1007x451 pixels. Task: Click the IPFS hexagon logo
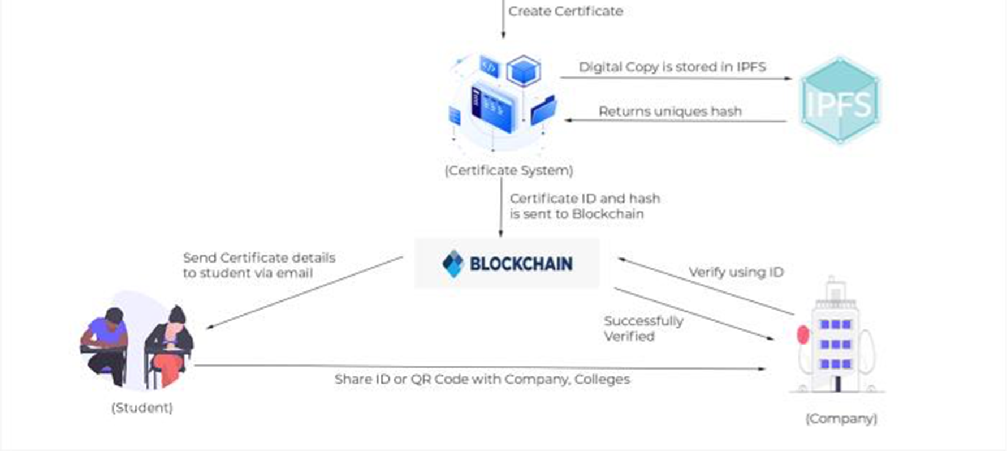840,101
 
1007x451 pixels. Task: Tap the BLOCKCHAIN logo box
507,264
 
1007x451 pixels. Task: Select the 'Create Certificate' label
565,11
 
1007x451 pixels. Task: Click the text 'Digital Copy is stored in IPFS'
672,67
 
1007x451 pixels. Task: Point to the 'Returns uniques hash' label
670,111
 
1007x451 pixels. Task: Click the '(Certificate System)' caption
508,170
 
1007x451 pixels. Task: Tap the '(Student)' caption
142,407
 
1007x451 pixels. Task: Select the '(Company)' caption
841,418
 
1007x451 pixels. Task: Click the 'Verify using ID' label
736,272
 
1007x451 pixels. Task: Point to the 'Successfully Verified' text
643,328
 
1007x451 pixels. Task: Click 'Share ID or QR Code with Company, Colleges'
482,379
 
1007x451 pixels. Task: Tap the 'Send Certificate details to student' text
259,265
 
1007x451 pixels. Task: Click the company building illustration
836,340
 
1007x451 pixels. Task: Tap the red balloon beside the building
803,335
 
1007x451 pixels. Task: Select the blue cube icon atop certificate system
523,71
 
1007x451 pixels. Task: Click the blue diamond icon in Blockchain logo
453,264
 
